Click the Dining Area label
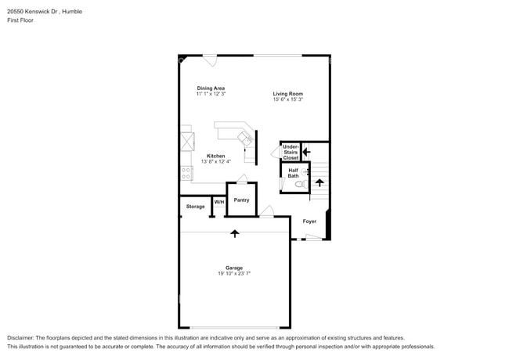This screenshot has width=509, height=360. tap(211, 88)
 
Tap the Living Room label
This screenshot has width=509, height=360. tap(287, 94)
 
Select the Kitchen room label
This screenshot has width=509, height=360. tap(216, 156)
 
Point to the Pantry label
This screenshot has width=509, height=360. tap(241, 200)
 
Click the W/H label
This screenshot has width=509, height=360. tap(219, 203)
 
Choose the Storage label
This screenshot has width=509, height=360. tap(195, 207)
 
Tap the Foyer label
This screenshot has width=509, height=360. tap(309, 221)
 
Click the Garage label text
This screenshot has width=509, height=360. tap(234, 268)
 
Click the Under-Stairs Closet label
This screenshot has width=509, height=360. tap(291, 152)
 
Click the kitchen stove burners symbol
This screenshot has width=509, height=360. tap(186, 173)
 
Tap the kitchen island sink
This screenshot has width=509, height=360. tap(245, 139)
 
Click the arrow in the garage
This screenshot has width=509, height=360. tap(234, 232)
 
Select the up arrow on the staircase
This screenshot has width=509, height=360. tap(319, 183)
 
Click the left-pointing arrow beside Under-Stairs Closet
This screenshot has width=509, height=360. tap(306, 152)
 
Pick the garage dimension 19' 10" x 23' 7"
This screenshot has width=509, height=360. tap(234, 274)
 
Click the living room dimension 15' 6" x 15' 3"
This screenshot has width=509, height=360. tap(287, 99)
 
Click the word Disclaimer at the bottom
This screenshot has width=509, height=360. tap(22, 337)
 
